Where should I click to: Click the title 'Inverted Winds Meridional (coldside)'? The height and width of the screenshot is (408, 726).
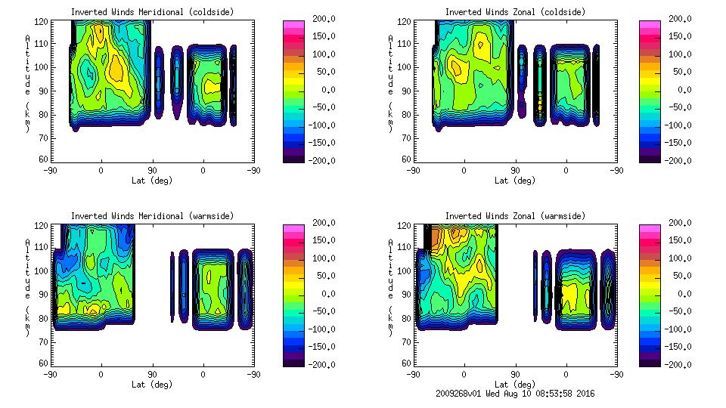click(x=152, y=12)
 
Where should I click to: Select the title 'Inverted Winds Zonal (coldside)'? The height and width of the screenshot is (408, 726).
click(x=515, y=12)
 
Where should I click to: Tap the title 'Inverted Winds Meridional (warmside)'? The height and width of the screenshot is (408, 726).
click(x=152, y=216)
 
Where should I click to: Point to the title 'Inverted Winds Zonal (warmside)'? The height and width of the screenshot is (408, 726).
click(x=515, y=216)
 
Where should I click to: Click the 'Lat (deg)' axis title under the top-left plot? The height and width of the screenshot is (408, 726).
click(x=151, y=181)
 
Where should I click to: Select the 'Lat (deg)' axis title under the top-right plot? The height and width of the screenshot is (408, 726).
click(x=514, y=181)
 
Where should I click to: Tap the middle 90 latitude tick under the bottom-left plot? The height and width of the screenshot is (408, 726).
click(x=151, y=374)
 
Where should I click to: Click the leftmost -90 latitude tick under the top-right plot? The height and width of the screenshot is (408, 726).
click(x=412, y=170)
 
